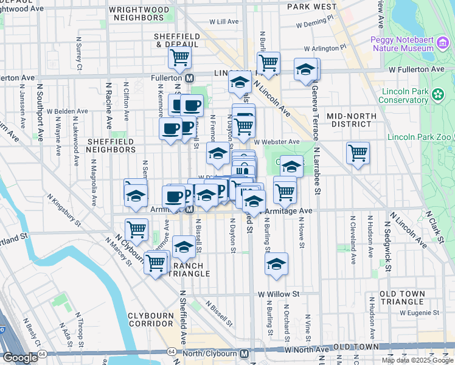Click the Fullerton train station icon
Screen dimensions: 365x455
click(x=190, y=78)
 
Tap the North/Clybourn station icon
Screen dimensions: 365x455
click(x=244, y=353)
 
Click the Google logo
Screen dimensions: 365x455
click(x=19, y=358)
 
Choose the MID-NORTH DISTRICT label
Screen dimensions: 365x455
click(x=352, y=120)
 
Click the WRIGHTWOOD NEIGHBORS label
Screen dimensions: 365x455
click(x=138, y=13)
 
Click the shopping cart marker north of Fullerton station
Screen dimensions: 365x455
click(x=179, y=58)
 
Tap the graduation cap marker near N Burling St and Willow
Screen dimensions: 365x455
click(x=276, y=263)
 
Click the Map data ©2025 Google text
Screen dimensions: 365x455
click(x=417, y=360)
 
